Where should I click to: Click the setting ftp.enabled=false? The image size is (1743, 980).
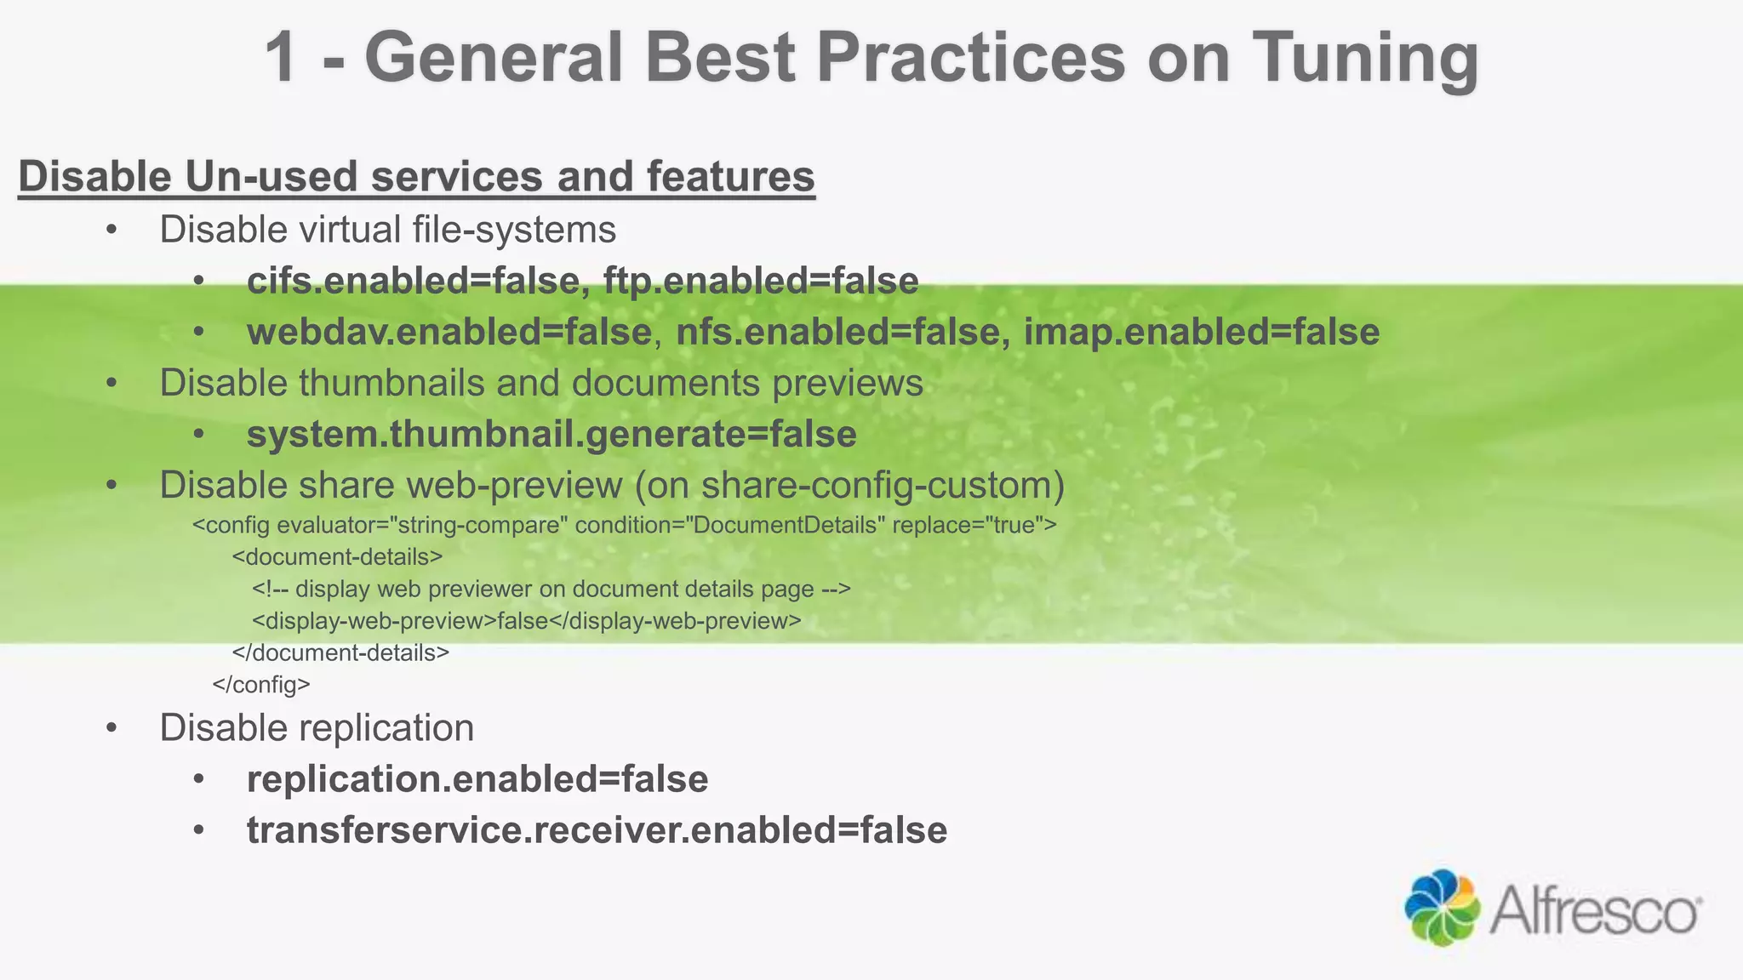(x=761, y=281)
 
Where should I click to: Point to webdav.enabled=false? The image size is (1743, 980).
(x=449, y=332)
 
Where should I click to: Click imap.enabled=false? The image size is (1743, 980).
(x=1201, y=332)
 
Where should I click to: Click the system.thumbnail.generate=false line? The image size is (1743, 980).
(x=551, y=434)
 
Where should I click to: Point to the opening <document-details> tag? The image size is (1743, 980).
(x=337, y=557)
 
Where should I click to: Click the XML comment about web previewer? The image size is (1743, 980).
(x=551, y=589)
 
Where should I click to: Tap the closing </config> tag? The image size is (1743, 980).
(x=261, y=685)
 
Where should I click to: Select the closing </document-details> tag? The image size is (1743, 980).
(x=340, y=653)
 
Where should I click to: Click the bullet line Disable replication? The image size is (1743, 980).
(x=317, y=728)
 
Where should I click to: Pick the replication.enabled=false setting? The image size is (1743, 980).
(x=477, y=779)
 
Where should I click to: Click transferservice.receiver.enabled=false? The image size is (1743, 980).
(x=597, y=830)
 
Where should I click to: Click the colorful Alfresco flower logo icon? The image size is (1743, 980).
(x=1442, y=907)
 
